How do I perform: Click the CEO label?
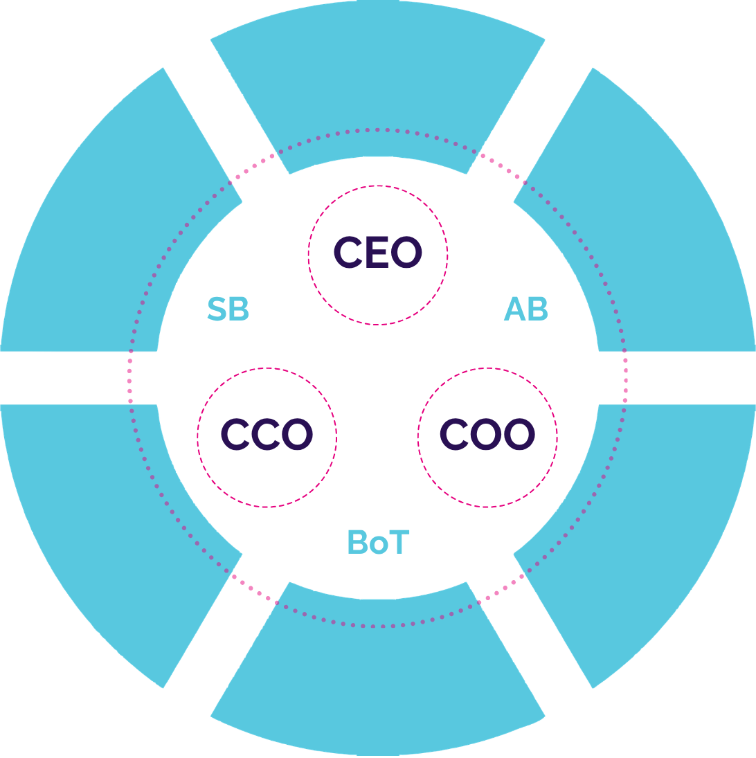pos(377,253)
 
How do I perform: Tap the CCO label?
pos(267,435)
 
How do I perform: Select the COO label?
pos(487,435)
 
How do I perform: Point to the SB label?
pos(228,309)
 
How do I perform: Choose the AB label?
pos(525,309)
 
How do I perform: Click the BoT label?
pos(378,542)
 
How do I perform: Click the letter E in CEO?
pos(378,253)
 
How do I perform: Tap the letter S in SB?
pos(217,309)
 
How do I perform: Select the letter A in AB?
pos(514,309)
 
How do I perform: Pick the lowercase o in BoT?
pos(379,545)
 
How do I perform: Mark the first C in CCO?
pos(235,435)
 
